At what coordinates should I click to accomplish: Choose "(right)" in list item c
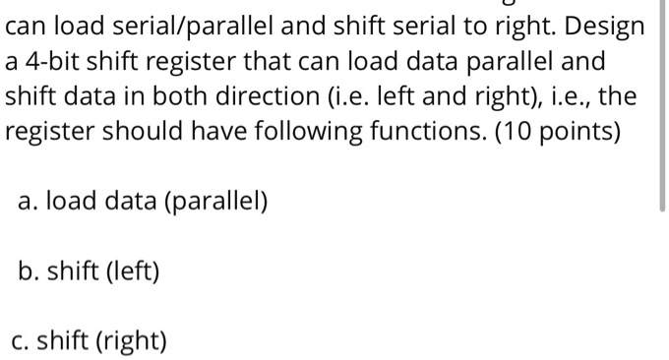pos(134,340)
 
